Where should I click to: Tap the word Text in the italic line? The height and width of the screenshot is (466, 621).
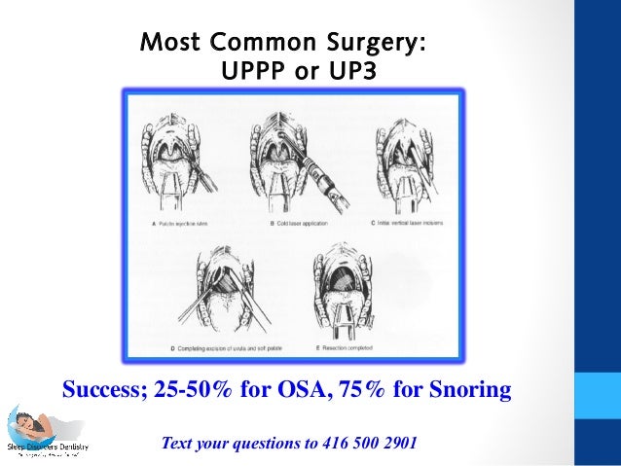tap(179, 444)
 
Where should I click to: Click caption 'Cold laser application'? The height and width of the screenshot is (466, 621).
tap(296, 223)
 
